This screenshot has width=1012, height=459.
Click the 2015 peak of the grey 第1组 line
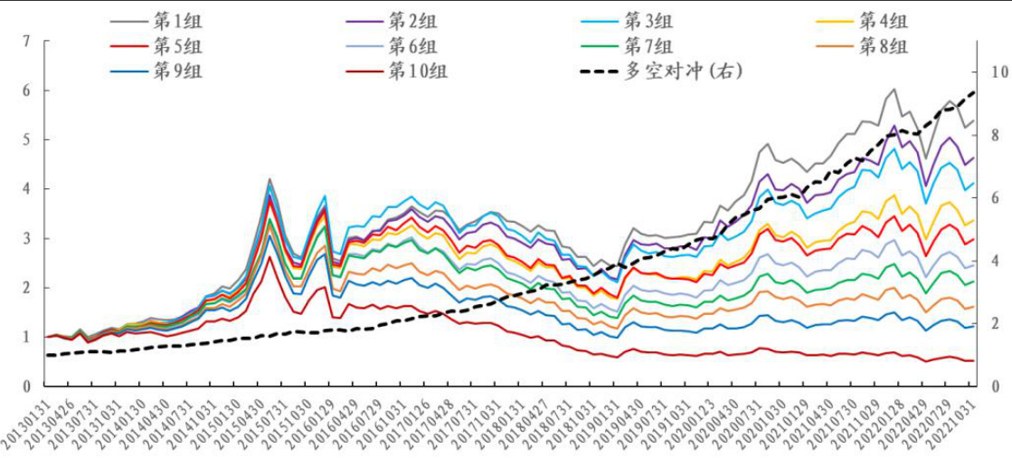(270, 179)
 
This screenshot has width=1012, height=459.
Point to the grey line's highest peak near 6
(894, 90)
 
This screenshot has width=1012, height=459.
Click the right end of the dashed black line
(975, 91)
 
